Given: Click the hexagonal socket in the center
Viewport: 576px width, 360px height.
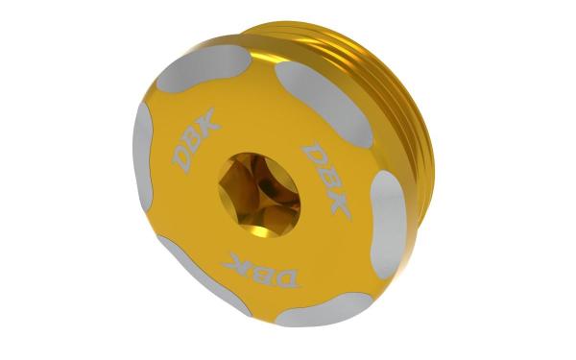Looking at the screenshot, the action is pos(259,195).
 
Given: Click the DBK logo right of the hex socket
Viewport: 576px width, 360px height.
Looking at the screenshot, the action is pos(325,178).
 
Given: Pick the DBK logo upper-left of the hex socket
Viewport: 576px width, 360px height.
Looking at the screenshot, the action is pos(196,140).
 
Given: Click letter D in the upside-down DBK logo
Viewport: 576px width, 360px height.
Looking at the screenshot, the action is pos(285,278).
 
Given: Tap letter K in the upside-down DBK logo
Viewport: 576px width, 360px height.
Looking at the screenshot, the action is pos(235,262).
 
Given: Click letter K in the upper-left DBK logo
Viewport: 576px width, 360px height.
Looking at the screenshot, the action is pos(208,120).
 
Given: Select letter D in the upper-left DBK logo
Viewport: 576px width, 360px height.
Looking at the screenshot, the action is pos(182,159).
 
